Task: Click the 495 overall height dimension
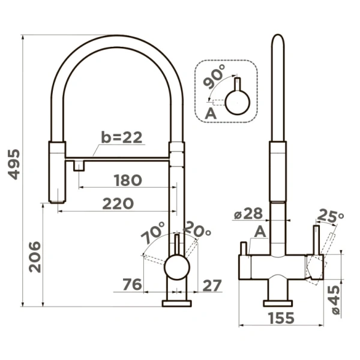click(x=14, y=164)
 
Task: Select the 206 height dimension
click(x=35, y=257)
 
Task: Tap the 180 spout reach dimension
click(x=128, y=180)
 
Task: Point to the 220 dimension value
click(x=118, y=203)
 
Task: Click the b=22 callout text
click(x=122, y=137)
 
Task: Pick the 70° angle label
click(x=153, y=232)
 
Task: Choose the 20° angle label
click(x=197, y=230)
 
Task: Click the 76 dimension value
click(x=132, y=284)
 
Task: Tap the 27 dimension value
click(x=212, y=286)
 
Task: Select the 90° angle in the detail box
click(x=214, y=76)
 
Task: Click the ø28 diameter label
click(x=248, y=213)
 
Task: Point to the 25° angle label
click(x=331, y=215)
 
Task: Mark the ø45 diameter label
click(x=334, y=300)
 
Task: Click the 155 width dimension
click(x=281, y=318)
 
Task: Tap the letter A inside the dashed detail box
click(x=211, y=113)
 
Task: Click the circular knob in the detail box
click(x=238, y=102)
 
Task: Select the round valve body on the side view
click(x=177, y=267)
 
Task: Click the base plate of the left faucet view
click(x=176, y=303)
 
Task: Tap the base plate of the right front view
click(x=278, y=303)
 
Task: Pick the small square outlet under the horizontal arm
click(x=79, y=166)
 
